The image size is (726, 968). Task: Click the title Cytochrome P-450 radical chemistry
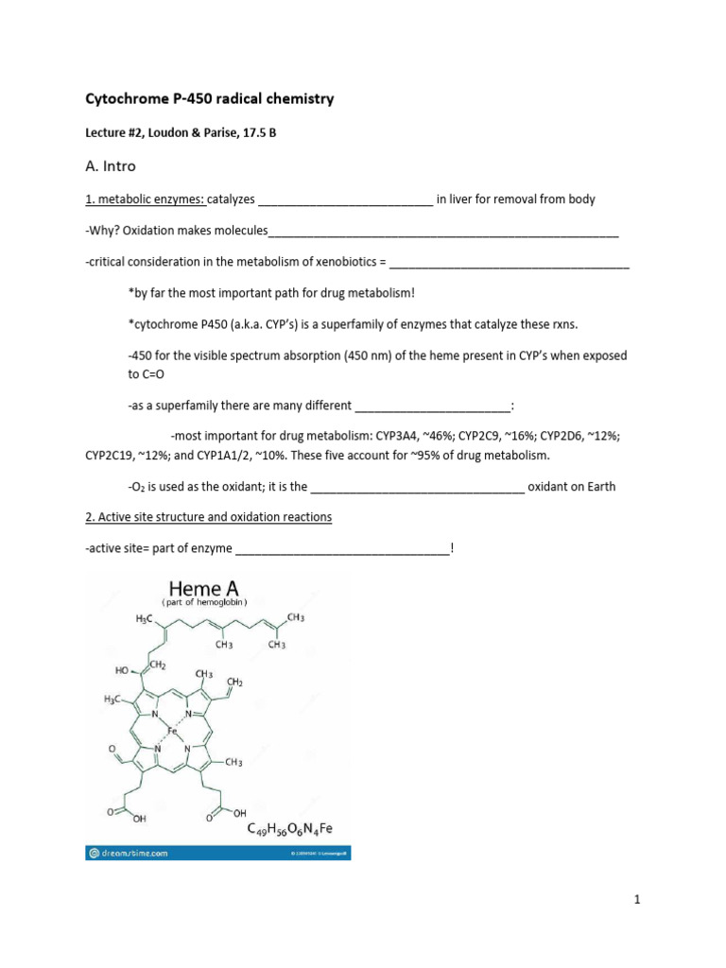pos(209,99)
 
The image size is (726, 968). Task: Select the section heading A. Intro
pos(111,166)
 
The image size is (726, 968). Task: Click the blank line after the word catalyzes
pos(345,200)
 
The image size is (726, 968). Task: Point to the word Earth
pos(596,487)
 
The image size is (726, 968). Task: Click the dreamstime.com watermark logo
pos(128,853)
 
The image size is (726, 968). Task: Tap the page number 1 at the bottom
pos(637,901)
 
